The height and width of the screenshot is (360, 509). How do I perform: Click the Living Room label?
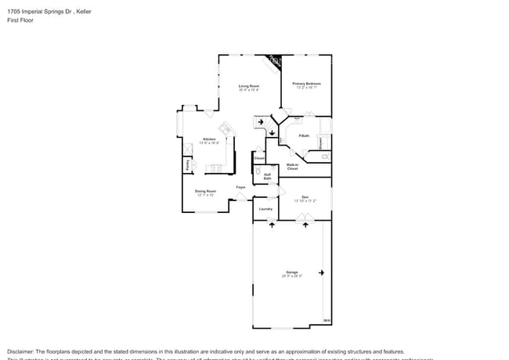coord(249,85)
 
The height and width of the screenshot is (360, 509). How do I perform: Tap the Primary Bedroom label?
coord(307,83)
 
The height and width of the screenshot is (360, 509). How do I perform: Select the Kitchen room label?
coord(209,139)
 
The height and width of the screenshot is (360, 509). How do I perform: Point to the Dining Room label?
coord(205,190)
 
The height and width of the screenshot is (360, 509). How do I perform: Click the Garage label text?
coord(291,272)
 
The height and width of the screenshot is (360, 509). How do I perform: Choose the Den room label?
coord(305,196)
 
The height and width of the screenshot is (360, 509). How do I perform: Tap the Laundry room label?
coord(265,208)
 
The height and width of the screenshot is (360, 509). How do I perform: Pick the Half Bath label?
coord(267,176)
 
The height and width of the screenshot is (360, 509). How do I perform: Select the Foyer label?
coord(241,187)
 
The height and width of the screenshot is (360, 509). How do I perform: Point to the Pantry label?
coord(188,165)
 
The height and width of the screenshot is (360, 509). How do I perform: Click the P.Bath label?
coord(304,136)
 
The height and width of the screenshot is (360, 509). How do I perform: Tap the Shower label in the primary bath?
coord(320,142)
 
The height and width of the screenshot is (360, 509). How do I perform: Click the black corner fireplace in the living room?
coord(274,60)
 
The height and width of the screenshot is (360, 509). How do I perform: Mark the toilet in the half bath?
coord(258,170)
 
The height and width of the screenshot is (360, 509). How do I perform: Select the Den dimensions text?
coord(305,201)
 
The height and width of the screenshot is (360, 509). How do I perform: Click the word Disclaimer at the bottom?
coord(23,351)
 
